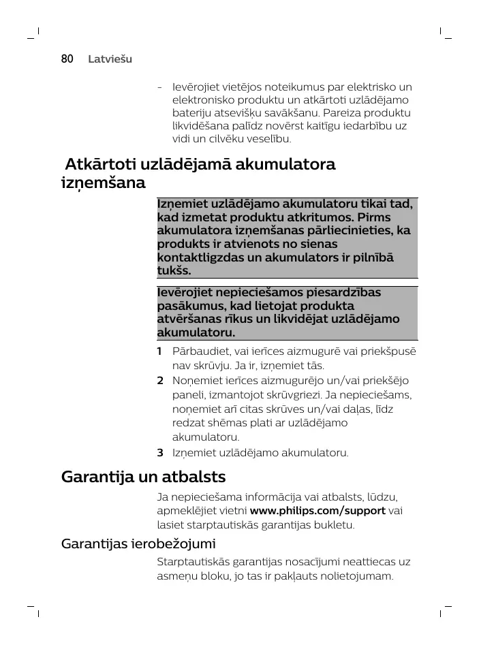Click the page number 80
[x=67, y=59]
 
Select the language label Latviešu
[x=110, y=59]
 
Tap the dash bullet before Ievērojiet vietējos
[x=159, y=87]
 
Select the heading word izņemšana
[x=103, y=184]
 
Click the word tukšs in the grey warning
[x=173, y=270]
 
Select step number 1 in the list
[x=159, y=351]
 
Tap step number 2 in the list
[x=159, y=380]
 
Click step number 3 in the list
[x=159, y=452]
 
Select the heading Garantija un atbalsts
[x=143, y=477]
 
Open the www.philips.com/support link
[x=318, y=511]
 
